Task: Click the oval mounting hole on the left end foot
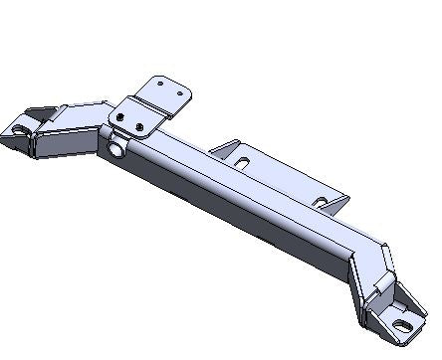pos(21,128)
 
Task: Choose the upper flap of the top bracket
pos(163,90)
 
